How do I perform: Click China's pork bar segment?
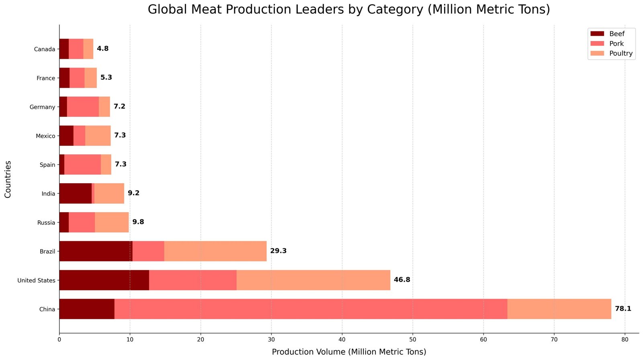point(311,309)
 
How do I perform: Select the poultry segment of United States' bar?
point(313,280)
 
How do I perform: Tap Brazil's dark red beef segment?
point(96,251)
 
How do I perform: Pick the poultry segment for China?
point(559,309)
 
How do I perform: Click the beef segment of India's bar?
point(75,193)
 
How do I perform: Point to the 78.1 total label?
point(623,309)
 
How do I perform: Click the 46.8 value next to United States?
point(402,280)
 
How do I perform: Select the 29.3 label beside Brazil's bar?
point(278,251)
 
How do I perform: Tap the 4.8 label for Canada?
point(102,49)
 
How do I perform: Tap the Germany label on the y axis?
point(42,107)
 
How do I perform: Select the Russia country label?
point(46,223)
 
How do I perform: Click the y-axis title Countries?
point(8,179)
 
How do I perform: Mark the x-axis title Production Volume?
point(349,352)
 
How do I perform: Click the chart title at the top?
point(349,9)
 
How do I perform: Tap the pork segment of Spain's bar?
point(82,164)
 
